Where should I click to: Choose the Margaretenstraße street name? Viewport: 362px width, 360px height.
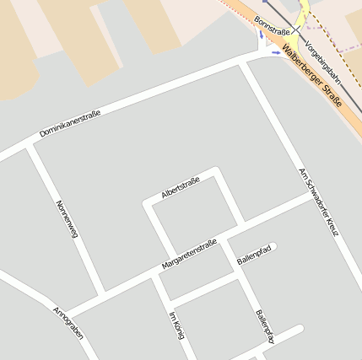tap(189, 255)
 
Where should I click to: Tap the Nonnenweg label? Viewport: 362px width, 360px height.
tap(67, 219)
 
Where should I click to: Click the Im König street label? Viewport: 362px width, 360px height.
tap(176, 325)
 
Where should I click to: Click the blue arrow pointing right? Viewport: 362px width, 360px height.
tap(275, 53)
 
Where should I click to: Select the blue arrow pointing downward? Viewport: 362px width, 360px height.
tap(261, 36)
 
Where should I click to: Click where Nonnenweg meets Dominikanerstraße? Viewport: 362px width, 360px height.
tap(30, 145)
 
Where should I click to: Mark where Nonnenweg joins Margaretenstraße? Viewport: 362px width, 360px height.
tap(103, 297)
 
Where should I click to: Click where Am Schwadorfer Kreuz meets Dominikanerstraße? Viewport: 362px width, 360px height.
tap(245, 63)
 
